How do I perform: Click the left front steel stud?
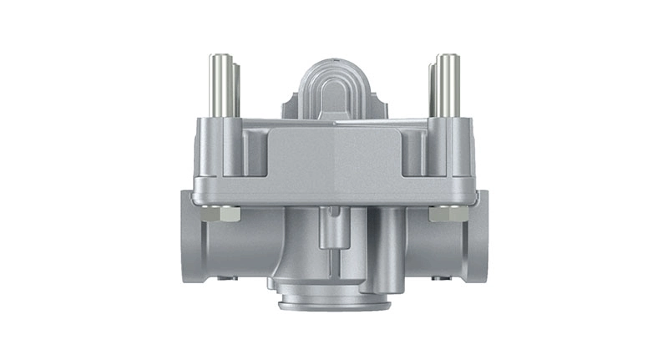click(220, 84)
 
